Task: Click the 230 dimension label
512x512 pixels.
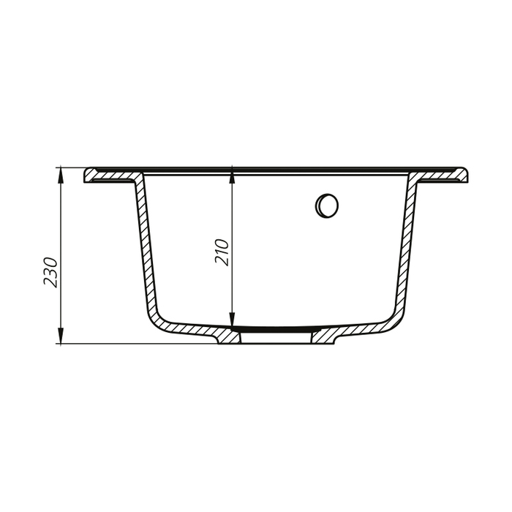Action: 50,272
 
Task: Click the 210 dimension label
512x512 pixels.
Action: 222,252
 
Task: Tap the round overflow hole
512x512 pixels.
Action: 326,206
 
